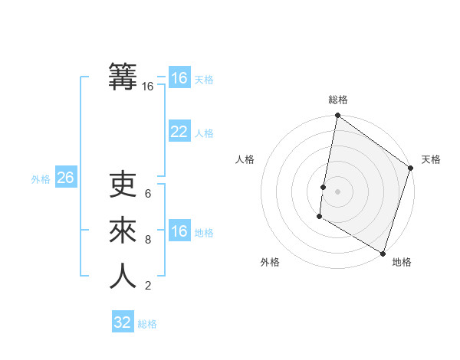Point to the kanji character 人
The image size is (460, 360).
(x=123, y=276)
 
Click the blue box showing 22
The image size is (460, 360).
(x=179, y=132)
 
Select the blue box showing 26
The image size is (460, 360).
(x=65, y=178)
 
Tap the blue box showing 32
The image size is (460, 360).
(x=123, y=322)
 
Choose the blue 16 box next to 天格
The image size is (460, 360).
(x=179, y=78)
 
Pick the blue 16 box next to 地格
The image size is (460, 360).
(x=179, y=231)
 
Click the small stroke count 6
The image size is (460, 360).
(x=148, y=194)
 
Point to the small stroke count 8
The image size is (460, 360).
(x=148, y=240)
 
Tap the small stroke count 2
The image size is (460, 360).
(x=148, y=286)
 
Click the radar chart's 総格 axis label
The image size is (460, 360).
(x=338, y=100)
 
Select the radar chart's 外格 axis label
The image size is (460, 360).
(x=270, y=262)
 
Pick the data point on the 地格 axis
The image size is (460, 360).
(x=383, y=253)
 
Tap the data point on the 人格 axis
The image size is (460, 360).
(x=323, y=187)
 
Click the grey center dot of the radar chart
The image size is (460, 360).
(x=338, y=191)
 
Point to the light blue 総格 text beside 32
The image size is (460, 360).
(x=147, y=324)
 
